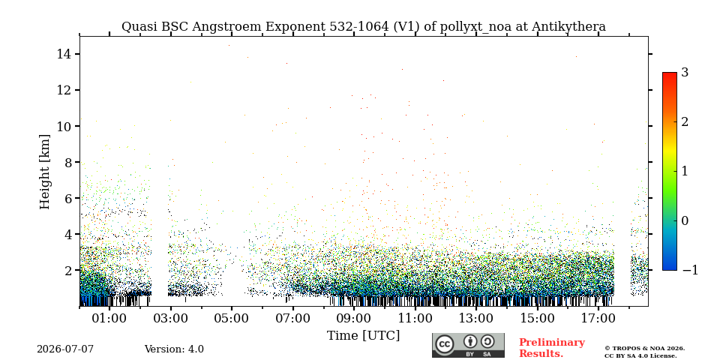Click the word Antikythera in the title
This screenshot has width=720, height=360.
coord(569,27)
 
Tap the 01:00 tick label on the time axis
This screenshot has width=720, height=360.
coord(109,318)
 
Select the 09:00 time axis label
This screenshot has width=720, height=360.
coord(353,318)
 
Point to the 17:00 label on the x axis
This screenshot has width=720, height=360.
coord(598,318)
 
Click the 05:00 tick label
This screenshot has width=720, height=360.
coord(232,318)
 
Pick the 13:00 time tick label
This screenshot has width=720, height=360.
coord(476,318)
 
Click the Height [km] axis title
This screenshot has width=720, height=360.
coord(44,172)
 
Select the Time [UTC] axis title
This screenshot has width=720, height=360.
coord(363,336)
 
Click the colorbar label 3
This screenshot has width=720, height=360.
coord(685,72)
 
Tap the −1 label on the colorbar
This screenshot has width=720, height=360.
coord(690,270)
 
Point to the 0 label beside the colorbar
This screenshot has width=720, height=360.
coord(685,220)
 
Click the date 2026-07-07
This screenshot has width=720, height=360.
coord(65,349)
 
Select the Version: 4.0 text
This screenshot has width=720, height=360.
coord(174,349)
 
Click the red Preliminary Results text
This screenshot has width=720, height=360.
coord(552,348)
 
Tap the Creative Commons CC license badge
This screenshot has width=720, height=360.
coord(468,345)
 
